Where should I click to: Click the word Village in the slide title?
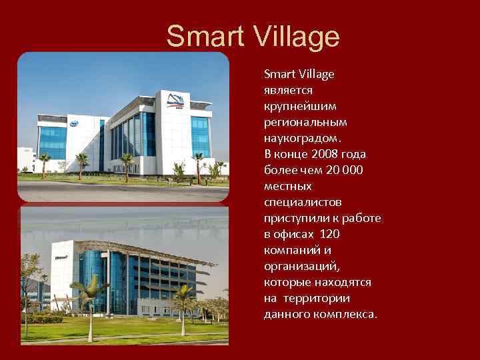[x=297, y=37]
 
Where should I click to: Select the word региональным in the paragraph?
[x=305, y=122]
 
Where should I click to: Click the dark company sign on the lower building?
[x=61, y=256]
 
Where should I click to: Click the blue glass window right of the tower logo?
[x=200, y=133]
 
